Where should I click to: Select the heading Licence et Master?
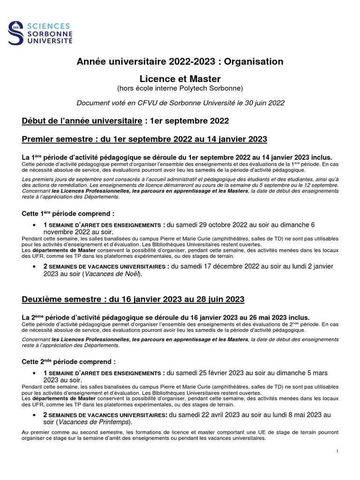tap(180, 79)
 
